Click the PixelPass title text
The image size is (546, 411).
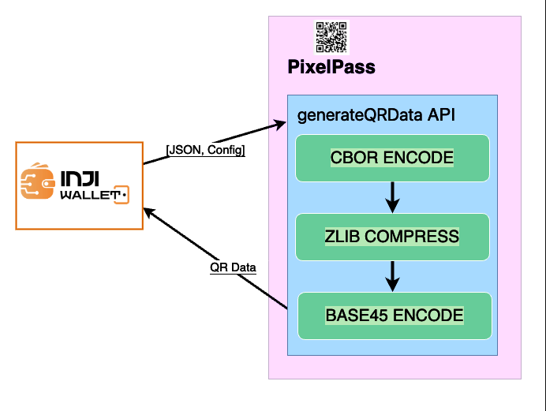(331, 67)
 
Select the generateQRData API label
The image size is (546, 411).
(376, 115)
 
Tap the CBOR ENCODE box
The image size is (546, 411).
(392, 158)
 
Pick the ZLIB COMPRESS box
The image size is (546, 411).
(392, 236)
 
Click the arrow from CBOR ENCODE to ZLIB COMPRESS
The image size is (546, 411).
(392, 196)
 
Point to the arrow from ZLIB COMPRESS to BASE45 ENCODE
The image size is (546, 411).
(392, 275)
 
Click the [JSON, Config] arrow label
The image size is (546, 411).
(205, 150)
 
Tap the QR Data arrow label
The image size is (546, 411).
(233, 267)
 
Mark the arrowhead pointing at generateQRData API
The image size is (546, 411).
(279, 125)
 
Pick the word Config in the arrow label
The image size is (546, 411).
(226, 150)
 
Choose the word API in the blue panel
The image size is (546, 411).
(440, 115)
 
